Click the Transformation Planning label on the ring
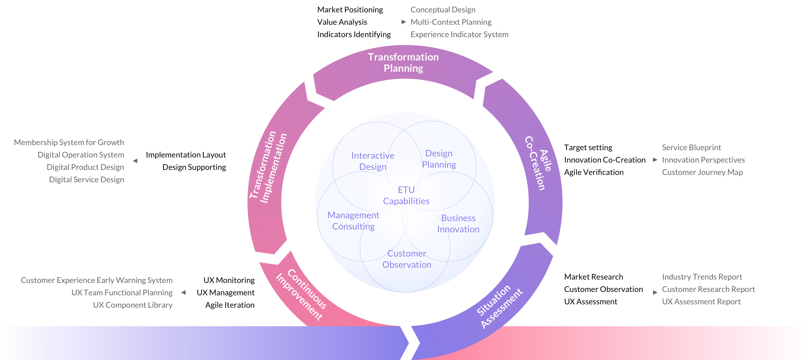[x=403, y=62]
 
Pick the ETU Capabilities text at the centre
[x=406, y=195]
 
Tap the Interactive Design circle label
[x=373, y=161]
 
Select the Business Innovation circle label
[x=458, y=224]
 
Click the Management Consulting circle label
[x=353, y=221]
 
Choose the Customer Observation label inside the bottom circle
[x=407, y=259]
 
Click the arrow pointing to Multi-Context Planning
[x=404, y=22]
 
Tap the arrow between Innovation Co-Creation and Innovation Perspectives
[x=655, y=160]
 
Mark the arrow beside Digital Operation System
[x=135, y=161]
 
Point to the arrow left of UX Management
[x=184, y=293]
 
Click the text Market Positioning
[x=350, y=10]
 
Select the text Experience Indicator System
[x=459, y=34]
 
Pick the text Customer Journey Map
[x=702, y=172]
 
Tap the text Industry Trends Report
[x=702, y=277]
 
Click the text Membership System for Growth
[x=69, y=142]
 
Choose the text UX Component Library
[x=133, y=305]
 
